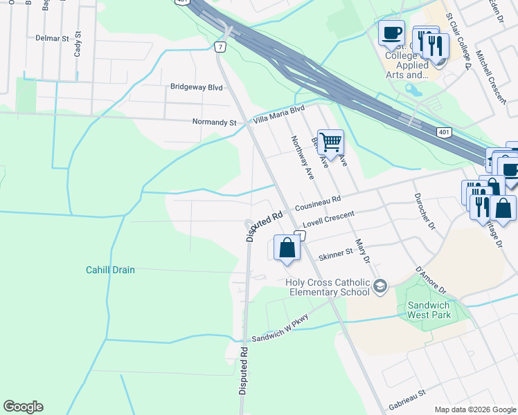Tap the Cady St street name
pyautogui.click(x=78, y=44)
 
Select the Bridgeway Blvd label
pyautogui.click(x=197, y=87)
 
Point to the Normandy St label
pyautogui.click(x=214, y=122)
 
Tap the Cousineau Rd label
pyautogui.click(x=318, y=203)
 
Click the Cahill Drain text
pyautogui.click(x=110, y=270)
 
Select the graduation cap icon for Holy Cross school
pyautogui.click(x=379, y=286)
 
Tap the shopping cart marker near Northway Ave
pyautogui.click(x=330, y=142)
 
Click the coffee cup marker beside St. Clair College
pyautogui.click(x=391, y=33)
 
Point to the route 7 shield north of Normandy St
pyautogui.click(x=220, y=47)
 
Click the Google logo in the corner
pyautogui.click(x=23, y=407)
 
